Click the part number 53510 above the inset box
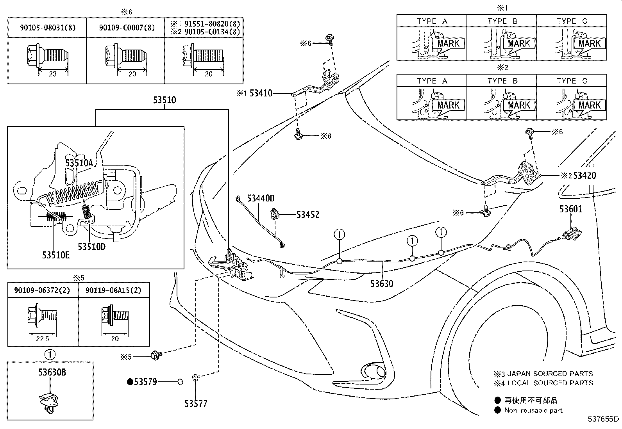pos(164,100)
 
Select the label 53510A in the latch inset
pos(79,163)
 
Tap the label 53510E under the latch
pos(56,255)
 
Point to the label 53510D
pos(92,247)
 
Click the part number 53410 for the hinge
pos(261,93)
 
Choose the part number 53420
pos(584,175)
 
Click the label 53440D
pos(261,198)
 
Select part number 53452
pos(308,215)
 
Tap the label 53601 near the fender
pos(571,209)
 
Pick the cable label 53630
pos(382,284)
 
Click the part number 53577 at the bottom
pos(196,404)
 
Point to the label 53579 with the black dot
pos(142,382)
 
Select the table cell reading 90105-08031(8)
pos(48,28)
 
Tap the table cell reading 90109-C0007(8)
pos(127,28)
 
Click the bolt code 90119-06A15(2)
pos(113,290)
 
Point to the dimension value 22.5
pos(43,339)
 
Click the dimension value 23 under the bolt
pos(53,74)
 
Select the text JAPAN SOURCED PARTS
pos(550,374)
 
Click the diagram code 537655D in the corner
pos(603,419)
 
